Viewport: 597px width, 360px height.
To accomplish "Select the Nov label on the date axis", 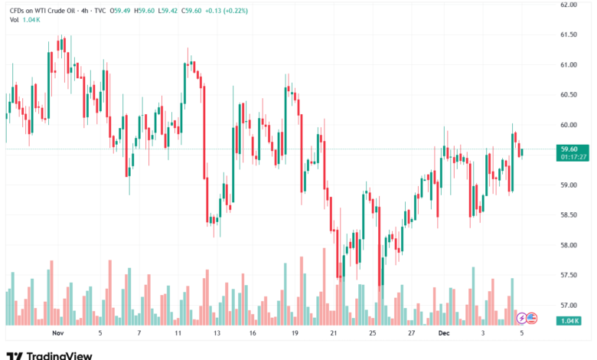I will click(x=57, y=334).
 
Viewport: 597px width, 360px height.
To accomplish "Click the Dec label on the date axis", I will click(x=444, y=334).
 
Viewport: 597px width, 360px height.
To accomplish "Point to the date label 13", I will click(x=217, y=334).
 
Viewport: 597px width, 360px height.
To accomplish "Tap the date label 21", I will click(x=333, y=334).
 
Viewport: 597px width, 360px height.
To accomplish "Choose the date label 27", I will click(x=411, y=334).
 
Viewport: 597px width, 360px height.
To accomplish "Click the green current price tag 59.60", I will click(x=568, y=149).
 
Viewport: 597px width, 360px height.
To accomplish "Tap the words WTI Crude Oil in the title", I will click(x=54, y=11).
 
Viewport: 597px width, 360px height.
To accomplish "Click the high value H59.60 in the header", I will click(x=142, y=11).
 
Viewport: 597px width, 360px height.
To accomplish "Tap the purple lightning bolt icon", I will click(x=521, y=318).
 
